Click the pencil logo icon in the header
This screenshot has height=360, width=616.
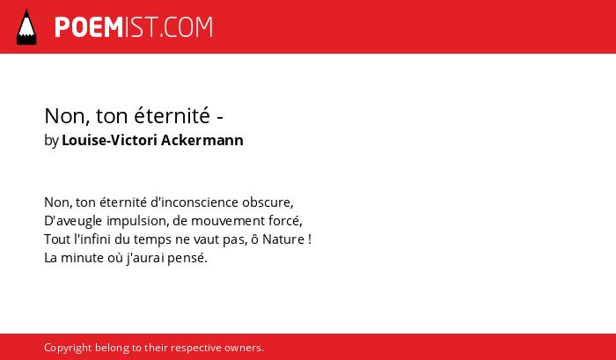(x=26, y=26)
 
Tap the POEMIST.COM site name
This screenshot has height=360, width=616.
(x=134, y=27)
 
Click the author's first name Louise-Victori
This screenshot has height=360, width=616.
(x=110, y=140)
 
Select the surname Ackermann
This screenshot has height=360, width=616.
(x=202, y=140)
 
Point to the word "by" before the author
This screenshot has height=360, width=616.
(x=51, y=141)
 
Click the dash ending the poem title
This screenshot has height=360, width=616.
(x=220, y=117)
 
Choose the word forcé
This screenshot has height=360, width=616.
(x=285, y=221)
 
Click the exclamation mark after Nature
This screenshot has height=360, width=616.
(x=310, y=239)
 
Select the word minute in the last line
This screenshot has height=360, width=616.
(x=77, y=258)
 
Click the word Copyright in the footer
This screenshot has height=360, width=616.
(x=68, y=349)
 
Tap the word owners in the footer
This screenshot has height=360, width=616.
(x=244, y=349)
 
